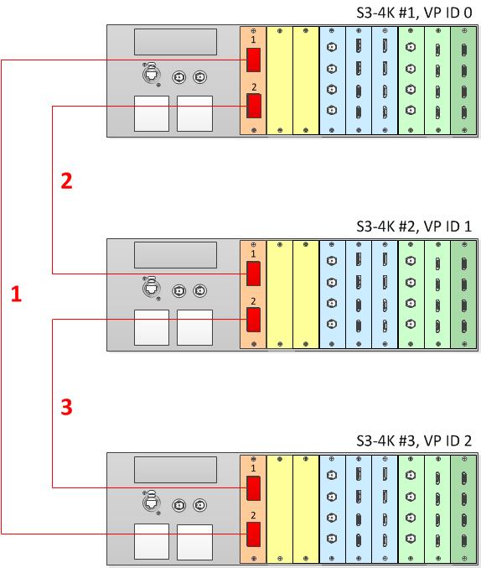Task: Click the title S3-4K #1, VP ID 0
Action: point(414,13)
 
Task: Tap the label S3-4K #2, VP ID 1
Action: point(414,227)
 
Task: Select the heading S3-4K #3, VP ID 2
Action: point(414,440)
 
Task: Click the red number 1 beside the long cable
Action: point(16,294)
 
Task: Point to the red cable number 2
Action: point(66,180)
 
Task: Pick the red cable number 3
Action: point(66,406)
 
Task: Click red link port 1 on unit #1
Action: point(253,60)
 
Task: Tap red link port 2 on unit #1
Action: point(253,106)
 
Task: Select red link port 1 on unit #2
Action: point(253,274)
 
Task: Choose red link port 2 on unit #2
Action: point(253,320)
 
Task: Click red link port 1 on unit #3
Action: point(253,488)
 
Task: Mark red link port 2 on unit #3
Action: point(253,534)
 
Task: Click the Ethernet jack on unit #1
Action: point(152,75)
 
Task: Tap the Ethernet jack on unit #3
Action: point(152,503)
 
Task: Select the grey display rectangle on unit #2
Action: point(175,255)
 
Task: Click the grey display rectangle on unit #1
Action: point(175,42)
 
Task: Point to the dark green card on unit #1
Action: point(464,81)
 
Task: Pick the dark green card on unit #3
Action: point(464,508)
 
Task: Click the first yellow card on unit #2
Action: point(279,294)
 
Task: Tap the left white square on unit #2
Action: point(152,327)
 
